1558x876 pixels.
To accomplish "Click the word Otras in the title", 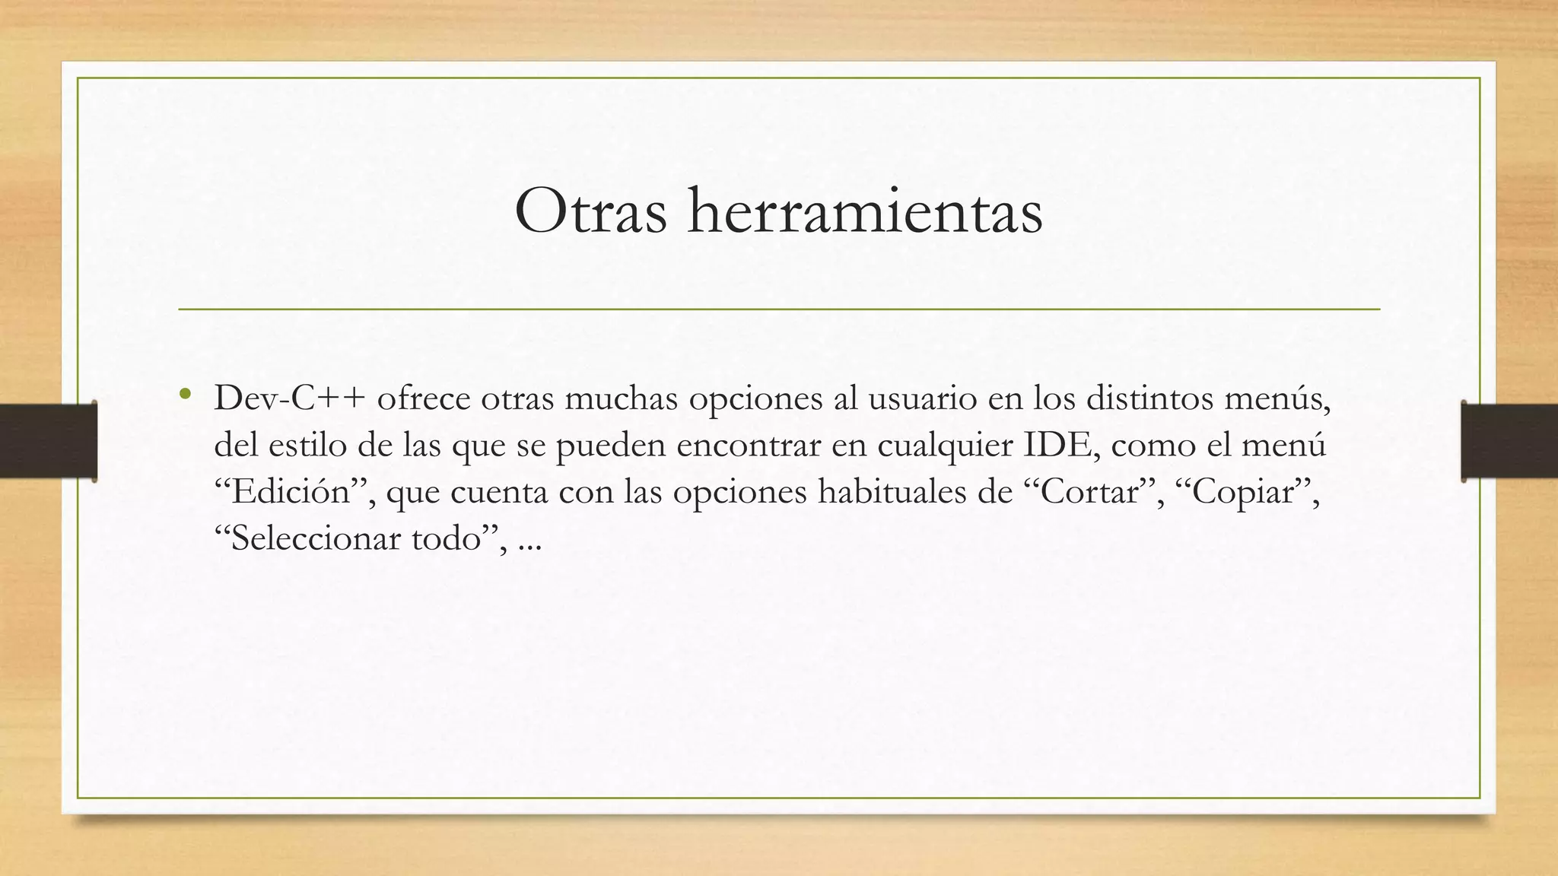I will tap(590, 211).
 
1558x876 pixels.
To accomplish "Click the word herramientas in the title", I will tap(865, 211).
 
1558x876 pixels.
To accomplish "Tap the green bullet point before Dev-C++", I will tap(185, 395).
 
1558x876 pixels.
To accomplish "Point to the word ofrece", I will tap(424, 398).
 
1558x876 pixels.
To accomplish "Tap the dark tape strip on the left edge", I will tap(48, 441).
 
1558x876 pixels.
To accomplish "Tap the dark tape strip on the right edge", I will tap(1509, 441).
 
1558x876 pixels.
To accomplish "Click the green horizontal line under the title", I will tap(779, 309).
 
